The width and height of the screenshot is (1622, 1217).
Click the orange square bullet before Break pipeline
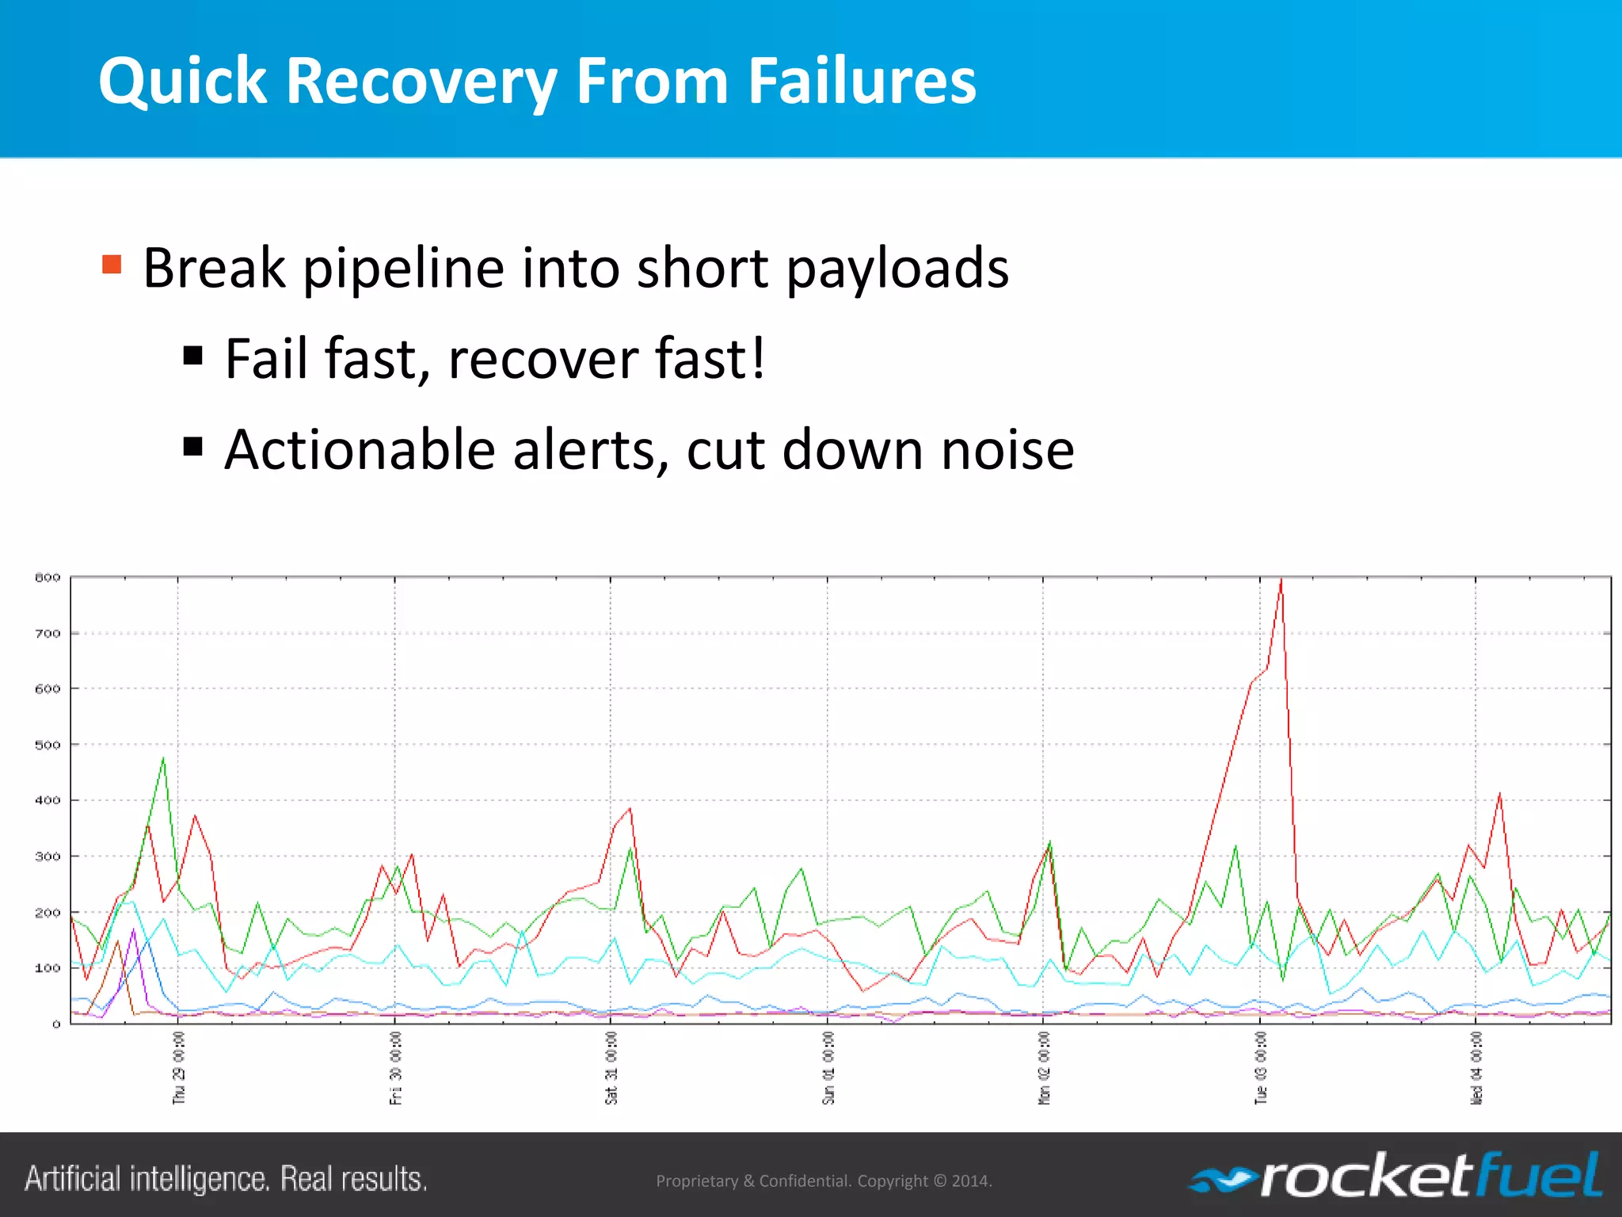tap(112, 264)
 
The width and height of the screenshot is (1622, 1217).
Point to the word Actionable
tap(360, 449)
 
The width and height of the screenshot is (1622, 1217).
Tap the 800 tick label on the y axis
tap(48, 578)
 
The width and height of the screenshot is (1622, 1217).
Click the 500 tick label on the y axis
tap(48, 745)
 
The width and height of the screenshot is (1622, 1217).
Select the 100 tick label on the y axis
tap(48, 967)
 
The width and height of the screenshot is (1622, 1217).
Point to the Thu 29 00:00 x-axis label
tap(179, 1067)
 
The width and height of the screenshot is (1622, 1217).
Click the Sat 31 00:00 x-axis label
tap(611, 1067)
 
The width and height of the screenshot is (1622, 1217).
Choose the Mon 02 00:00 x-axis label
tap(1044, 1067)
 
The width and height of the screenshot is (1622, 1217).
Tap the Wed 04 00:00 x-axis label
tap(1476, 1067)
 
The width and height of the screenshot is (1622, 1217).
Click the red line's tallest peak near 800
tap(1281, 581)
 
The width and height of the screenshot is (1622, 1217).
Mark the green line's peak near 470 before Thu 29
tap(163, 759)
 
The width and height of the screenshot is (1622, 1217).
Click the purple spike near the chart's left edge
tap(134, 930)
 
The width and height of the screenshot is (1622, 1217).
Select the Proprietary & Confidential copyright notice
tap(824, 1181)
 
